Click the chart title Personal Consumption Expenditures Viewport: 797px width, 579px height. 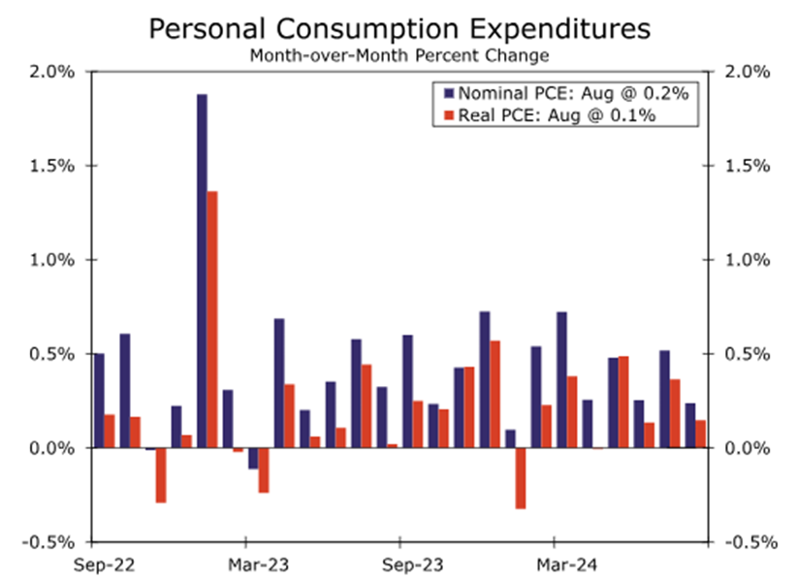(398, 29)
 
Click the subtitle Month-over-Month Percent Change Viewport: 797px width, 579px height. (398, 55)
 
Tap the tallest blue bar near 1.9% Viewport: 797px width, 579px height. (202, 271)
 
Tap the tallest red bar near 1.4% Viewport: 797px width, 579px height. (212, 319)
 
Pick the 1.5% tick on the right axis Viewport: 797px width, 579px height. (749, 166)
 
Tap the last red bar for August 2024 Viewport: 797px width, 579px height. (700, 434)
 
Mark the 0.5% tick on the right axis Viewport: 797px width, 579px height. (749, 354)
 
